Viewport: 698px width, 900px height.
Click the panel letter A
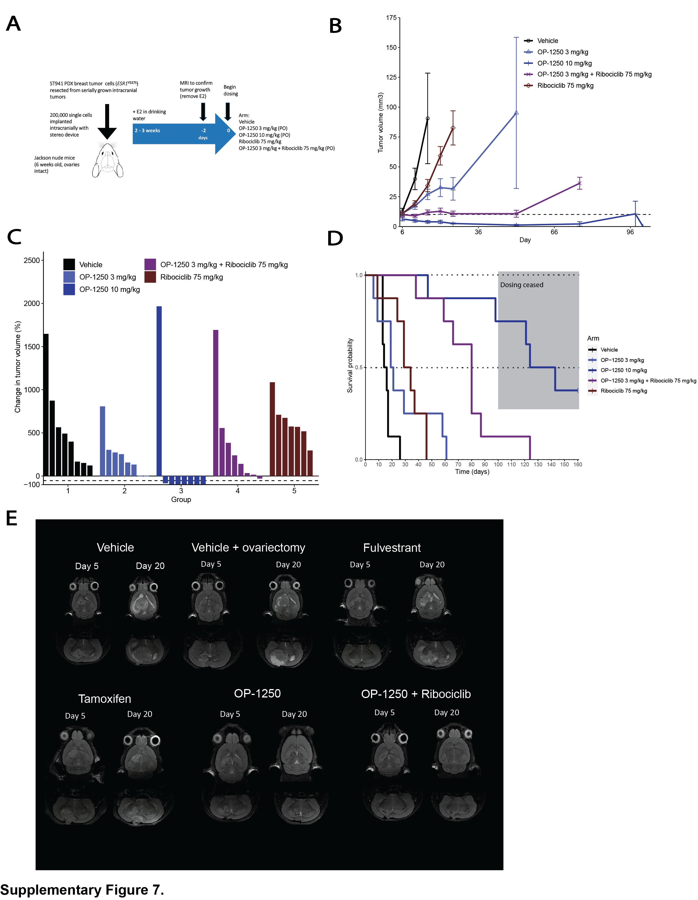13,24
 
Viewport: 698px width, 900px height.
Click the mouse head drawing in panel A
107,161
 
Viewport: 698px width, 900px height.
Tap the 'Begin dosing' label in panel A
231,90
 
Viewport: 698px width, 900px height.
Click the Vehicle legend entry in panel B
547,41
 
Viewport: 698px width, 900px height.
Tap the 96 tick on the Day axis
630,232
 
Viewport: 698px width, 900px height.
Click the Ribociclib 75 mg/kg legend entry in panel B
565,86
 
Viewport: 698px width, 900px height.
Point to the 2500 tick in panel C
32,260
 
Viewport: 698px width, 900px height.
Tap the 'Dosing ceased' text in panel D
522,285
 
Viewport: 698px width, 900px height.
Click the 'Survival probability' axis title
350,366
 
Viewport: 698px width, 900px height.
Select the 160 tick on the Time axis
578,464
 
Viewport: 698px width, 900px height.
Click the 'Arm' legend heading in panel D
593,338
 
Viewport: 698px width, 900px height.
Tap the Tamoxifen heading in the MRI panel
105,699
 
